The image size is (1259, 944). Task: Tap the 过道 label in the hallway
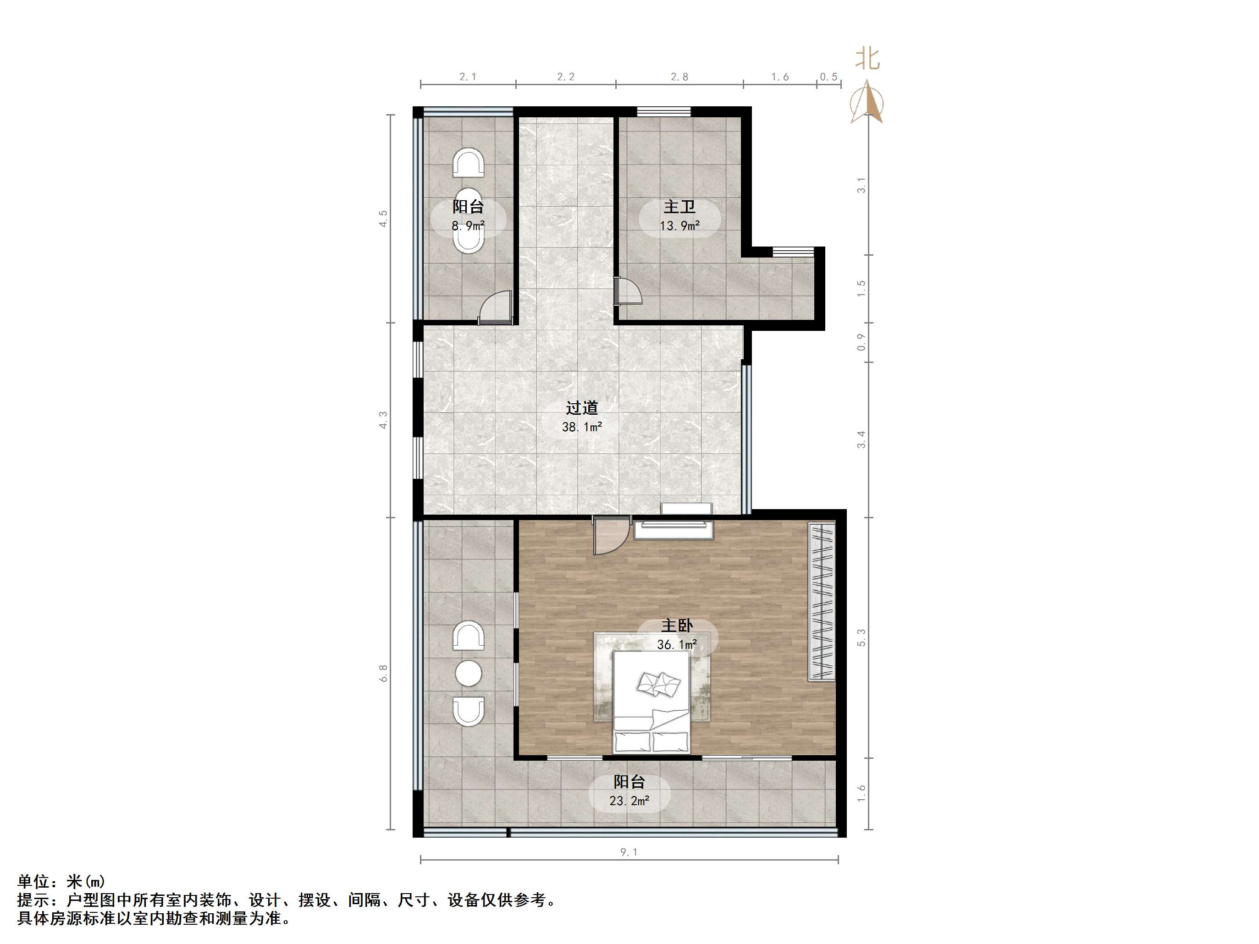(582, 407)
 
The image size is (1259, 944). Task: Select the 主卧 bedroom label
(677, 626)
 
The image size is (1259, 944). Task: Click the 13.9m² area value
(679, 226)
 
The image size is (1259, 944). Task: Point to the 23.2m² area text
(629, 801)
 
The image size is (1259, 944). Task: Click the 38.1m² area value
(582, 427)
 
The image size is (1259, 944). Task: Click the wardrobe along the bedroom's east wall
(821, 601)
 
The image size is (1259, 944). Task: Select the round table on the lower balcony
(469, 674)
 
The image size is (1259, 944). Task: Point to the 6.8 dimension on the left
(384, 673)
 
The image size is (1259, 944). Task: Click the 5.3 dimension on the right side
(861, 637)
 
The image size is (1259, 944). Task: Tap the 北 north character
(867, 59)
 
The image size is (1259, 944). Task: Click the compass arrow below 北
(867, 103)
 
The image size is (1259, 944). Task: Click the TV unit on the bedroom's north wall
(674, 529)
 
